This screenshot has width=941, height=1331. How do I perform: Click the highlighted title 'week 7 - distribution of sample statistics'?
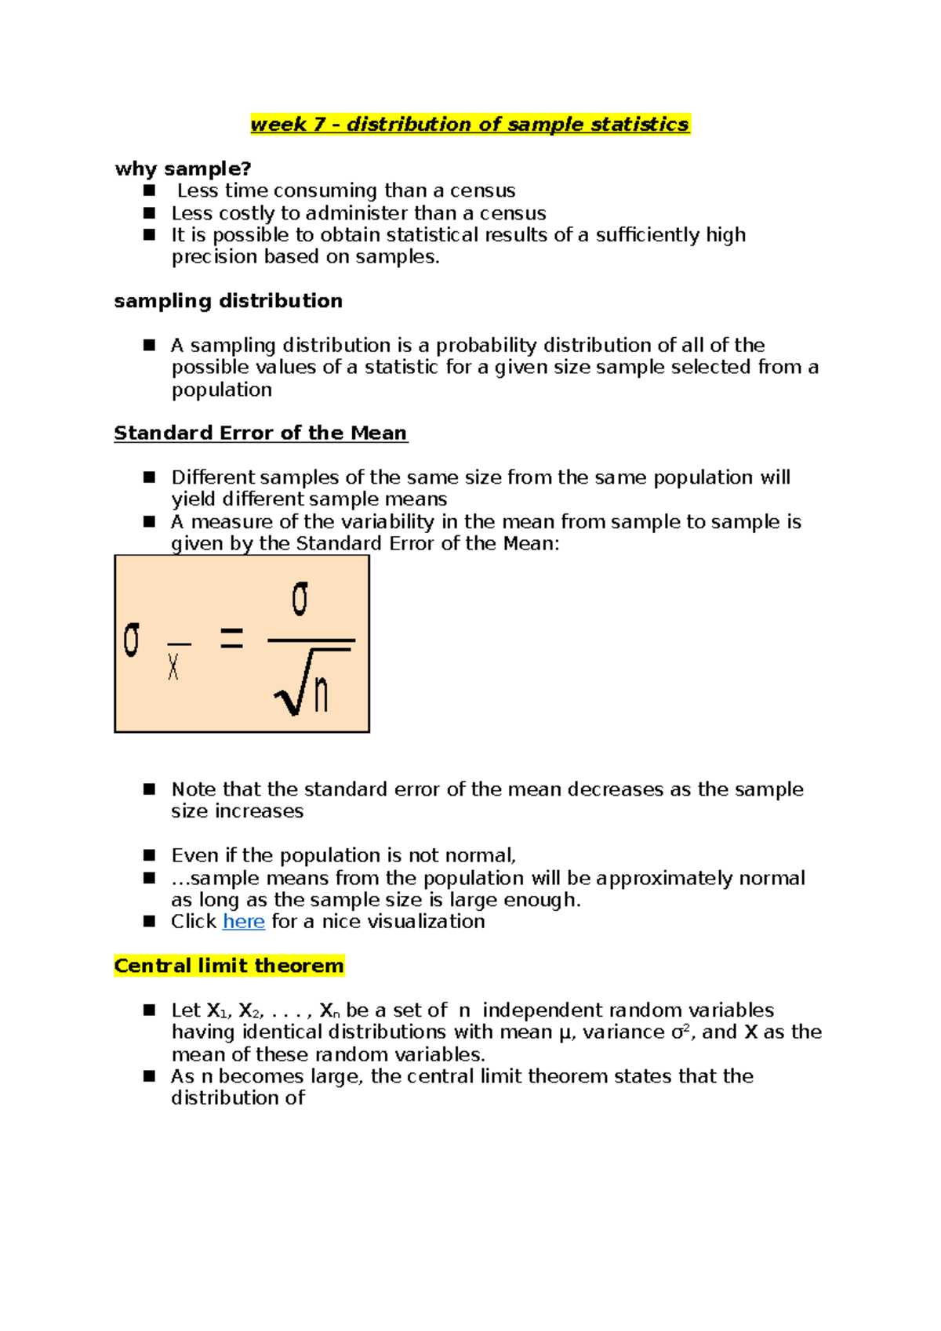470,125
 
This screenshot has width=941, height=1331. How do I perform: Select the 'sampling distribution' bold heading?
228,301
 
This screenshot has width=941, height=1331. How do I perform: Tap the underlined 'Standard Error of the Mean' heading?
260,433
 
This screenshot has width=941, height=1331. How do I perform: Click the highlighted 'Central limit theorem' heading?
229,966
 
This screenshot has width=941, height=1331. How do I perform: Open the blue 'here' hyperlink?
243,922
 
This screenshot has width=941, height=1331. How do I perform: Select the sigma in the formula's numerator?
300,599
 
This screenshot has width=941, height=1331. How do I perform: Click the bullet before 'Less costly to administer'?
150,212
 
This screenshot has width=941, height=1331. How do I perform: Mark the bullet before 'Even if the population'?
150,855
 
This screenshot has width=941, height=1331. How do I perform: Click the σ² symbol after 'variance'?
680,1032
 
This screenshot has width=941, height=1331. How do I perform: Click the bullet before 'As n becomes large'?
150,1076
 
